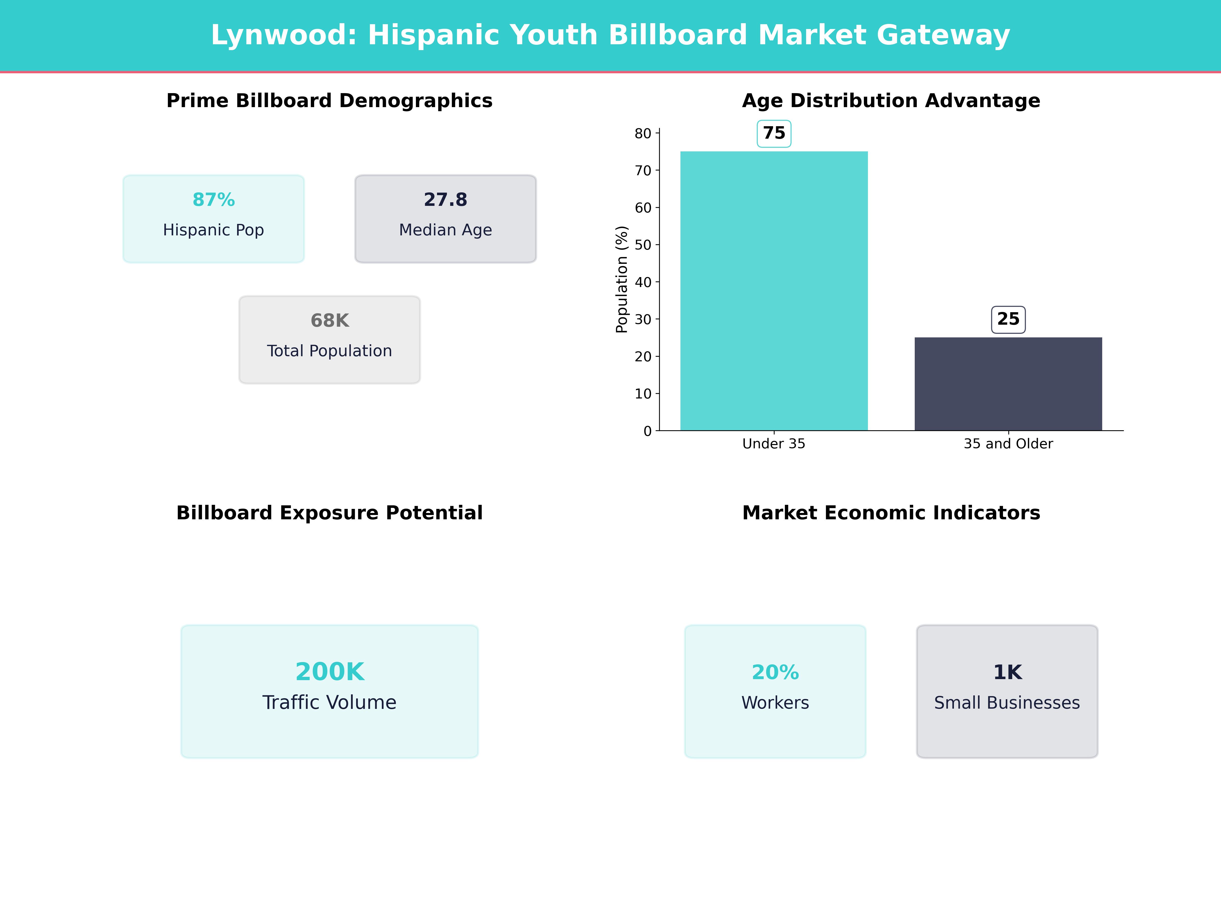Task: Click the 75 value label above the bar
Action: pos(774,134)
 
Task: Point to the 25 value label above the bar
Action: pos(1008,319)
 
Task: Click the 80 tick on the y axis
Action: pos(643,134)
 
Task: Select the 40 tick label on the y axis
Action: pos(643,282)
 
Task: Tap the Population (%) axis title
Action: pos(622,279)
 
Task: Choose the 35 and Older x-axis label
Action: pos(1008,444)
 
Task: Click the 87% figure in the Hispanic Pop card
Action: pos(214,200)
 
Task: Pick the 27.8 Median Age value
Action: pos(445,200)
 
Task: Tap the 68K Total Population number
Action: pos(329,321)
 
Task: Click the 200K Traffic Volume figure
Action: pos(329,672)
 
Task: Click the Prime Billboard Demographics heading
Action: pos(329,101)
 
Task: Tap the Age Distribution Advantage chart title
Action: pos(891,101)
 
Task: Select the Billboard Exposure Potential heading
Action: pos(329,513)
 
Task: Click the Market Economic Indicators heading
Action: pos(891,513)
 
